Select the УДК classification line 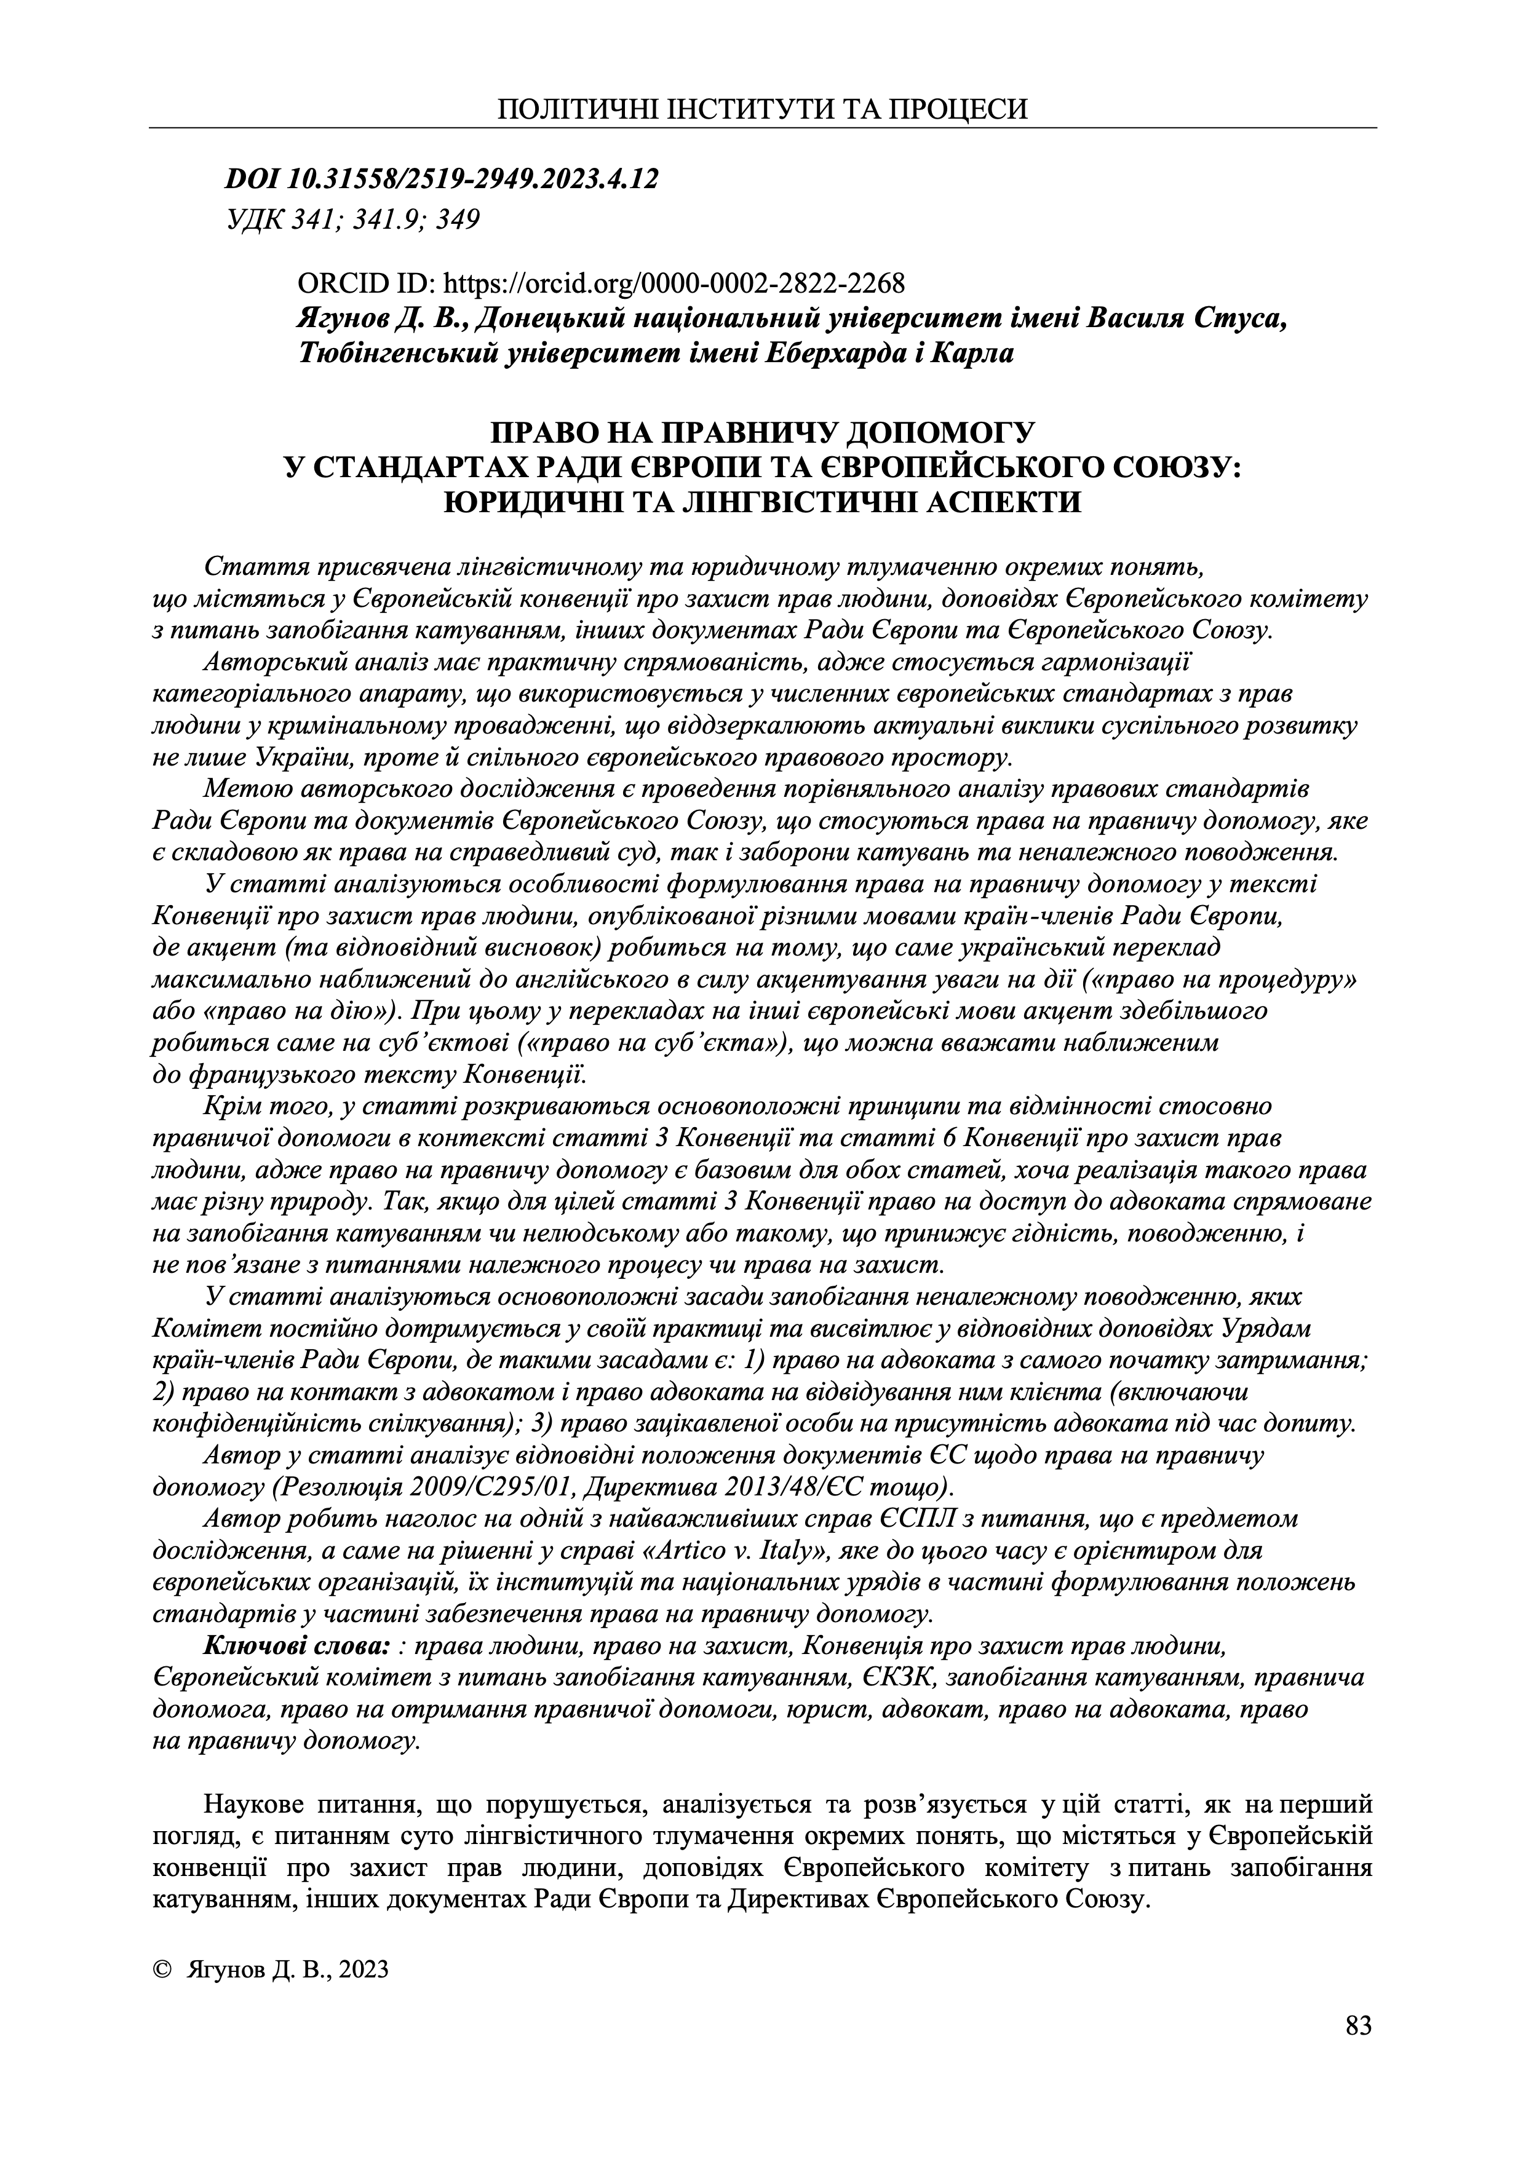[353, 220]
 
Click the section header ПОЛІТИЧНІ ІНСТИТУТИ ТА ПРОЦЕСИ [762, 109]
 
